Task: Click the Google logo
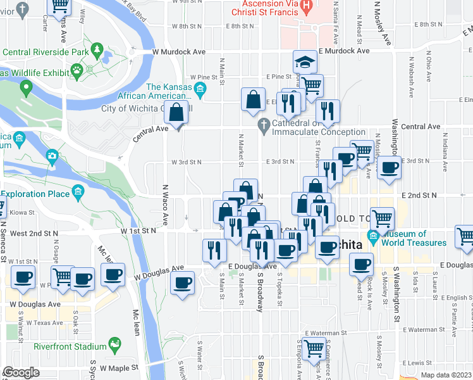(21, 372)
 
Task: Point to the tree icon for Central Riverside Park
(97, 49)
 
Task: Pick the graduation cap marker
(305, 62)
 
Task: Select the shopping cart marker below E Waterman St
(314, 348)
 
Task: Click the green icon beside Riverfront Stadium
(114, 346)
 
